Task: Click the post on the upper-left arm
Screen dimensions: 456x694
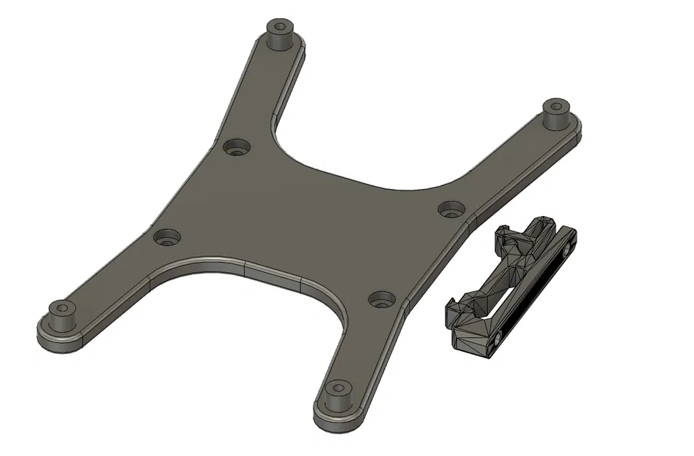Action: tap(279, 35)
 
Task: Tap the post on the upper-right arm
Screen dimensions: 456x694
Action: tap(557, 114)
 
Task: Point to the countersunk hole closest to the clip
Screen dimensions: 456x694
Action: tap(452, 209)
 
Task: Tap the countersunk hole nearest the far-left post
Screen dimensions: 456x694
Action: tap(168, 237)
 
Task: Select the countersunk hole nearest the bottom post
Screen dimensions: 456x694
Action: tap(381, 298)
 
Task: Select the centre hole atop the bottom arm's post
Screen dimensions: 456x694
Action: tap(337, 386)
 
